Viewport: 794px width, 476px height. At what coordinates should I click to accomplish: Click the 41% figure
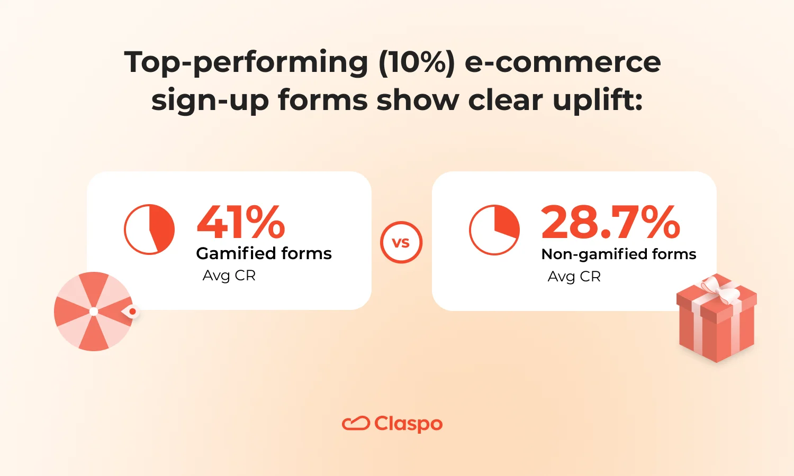(x=241, y=223)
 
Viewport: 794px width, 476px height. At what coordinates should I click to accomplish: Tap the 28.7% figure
(x=611, y=223)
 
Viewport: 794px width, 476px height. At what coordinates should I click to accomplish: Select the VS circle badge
(x=401, y=243)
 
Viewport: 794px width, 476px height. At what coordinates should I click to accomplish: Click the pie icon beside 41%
(x=149, y=229)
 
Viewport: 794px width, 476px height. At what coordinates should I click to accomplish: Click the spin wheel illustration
(x=94, y=312)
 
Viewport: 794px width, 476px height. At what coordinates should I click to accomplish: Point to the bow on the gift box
(x=720, y=288)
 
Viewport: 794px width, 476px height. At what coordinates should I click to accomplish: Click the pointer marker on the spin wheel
(x=132, y=312)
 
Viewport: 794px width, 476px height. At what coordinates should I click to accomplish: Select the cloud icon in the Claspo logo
(x=356, y=424)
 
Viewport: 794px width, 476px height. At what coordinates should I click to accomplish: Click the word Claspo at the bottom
(x=408, y=424)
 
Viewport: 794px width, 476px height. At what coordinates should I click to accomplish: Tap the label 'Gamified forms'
(x=264, y=254)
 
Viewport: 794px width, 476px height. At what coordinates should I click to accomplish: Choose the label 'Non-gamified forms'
(x=619, y=254)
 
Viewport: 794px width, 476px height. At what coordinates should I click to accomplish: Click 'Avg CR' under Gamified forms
(x=229, y=276)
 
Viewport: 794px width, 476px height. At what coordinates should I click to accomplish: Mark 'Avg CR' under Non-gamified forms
(x=574, y=277)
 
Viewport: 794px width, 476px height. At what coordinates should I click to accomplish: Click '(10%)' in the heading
(x=417, y=62)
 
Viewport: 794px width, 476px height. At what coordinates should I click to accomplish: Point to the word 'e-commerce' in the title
(x=563, y=62)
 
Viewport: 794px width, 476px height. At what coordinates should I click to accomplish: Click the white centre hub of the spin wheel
(x=94, y=312)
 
